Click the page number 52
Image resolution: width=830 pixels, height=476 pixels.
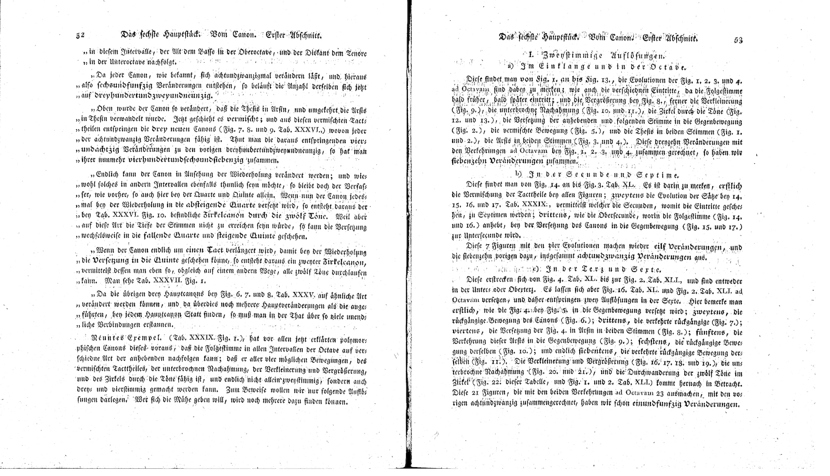[80, 36]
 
